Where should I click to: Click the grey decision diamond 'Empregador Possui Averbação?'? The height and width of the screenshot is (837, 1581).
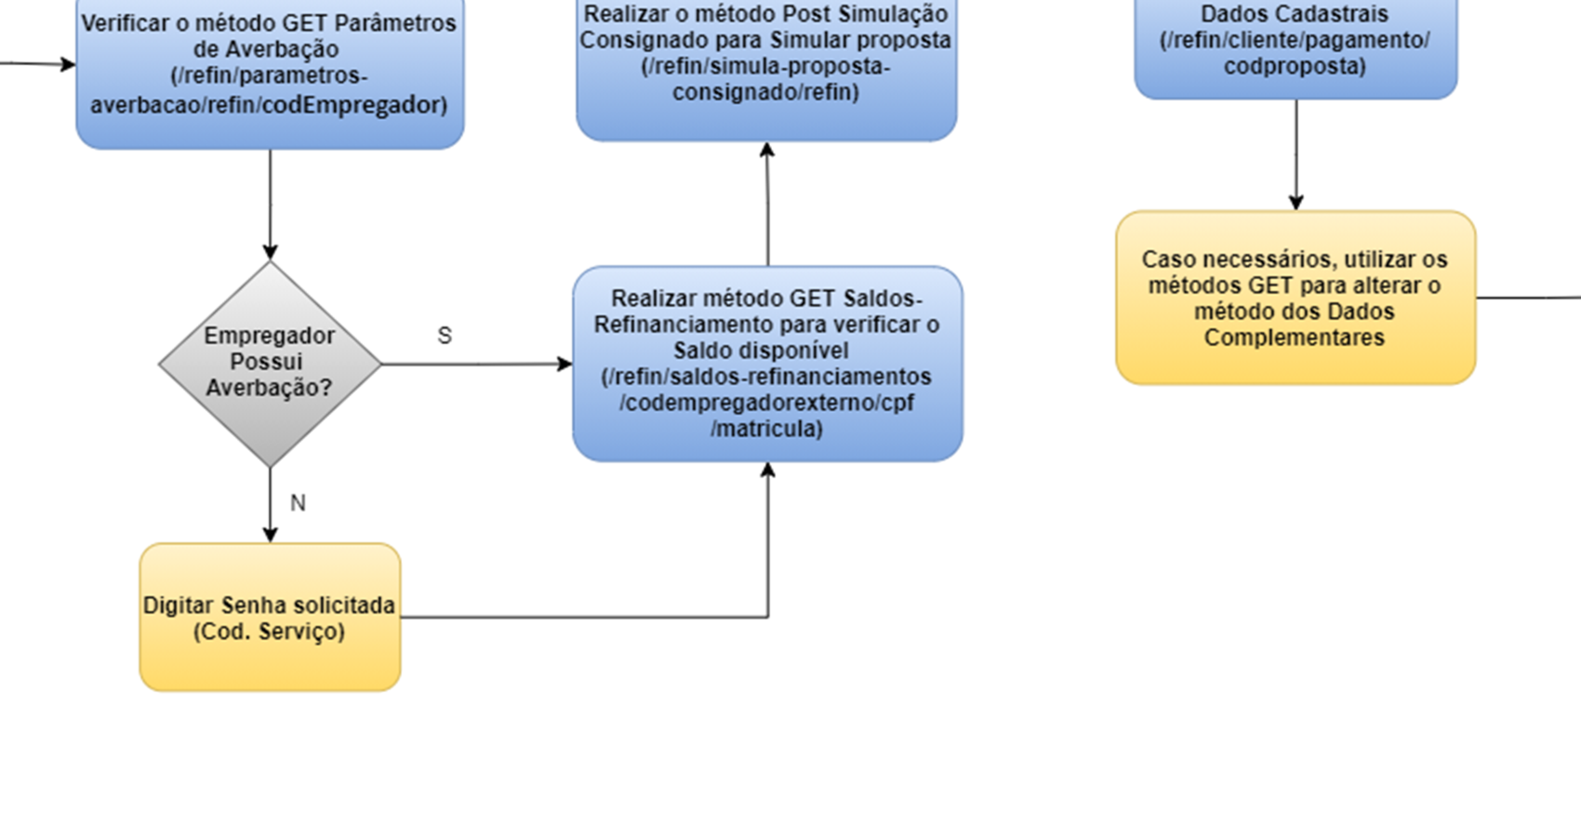point(270,364)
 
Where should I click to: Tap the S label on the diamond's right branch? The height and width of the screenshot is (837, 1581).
point(445,336)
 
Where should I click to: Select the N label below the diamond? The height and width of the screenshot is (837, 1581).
point(298,503)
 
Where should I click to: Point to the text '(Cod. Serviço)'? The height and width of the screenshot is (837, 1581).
point(270,631)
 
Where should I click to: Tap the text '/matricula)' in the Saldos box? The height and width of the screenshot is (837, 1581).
point(767,429)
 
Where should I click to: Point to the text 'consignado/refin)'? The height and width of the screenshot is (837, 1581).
point(766,92)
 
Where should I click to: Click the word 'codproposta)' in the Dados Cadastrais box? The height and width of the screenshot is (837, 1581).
point(1295,66)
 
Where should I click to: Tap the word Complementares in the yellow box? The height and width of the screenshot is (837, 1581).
point(1295,338)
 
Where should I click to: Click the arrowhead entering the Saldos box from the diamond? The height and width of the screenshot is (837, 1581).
point(565,364)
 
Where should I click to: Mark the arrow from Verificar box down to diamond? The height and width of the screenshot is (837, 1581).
point(271,205)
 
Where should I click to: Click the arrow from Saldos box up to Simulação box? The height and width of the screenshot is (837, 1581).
point(767,205)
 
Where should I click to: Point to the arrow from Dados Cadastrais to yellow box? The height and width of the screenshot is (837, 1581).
point(1296,154)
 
